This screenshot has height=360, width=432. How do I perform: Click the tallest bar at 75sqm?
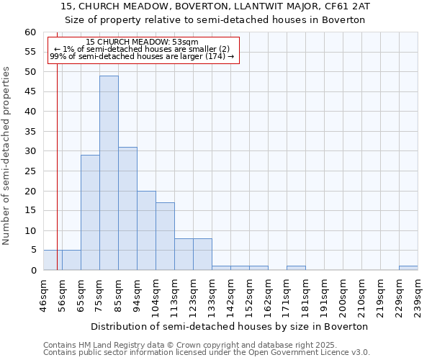tap(109, 173)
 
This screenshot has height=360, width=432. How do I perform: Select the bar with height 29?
tap(90, 212)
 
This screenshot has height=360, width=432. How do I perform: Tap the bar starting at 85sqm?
tap(127, 209)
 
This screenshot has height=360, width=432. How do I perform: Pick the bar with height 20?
tap(146, 230)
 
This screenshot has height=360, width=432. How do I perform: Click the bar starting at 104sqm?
tap(165, 236)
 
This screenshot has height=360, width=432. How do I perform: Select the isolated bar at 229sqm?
tap(408, 268)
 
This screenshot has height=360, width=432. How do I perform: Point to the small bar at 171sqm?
tap(296, 268)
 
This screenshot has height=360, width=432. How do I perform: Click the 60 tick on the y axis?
tap(30, 32)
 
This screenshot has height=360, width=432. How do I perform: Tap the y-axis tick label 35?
tap(30, 132)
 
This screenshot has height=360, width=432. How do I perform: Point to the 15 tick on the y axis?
tap(30, 211)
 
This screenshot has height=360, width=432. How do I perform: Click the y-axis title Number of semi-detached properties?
tap(7, 156)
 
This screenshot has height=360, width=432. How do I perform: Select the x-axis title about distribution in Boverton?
tap(230, 326)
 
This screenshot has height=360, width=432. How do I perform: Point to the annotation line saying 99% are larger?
tap(142, 56)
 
